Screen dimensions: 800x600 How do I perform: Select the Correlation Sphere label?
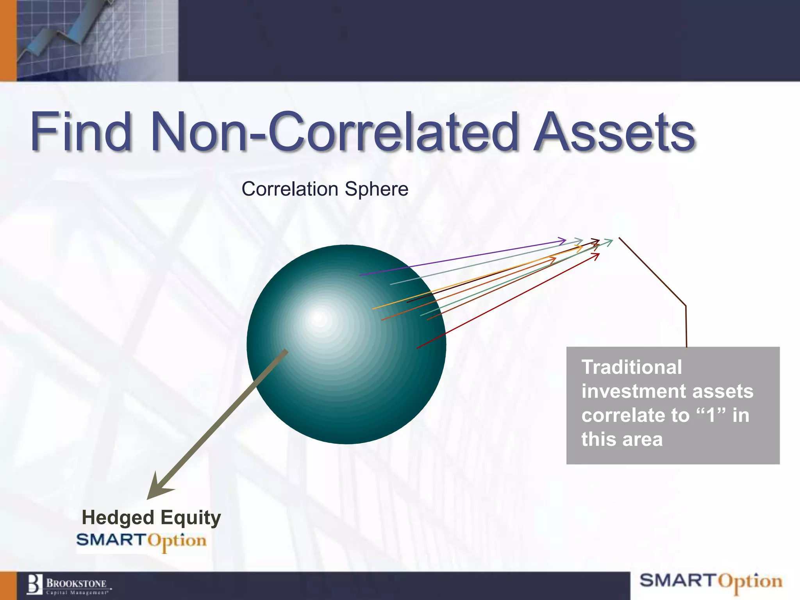[325, 189]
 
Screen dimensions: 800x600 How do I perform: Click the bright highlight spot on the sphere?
[318, 318]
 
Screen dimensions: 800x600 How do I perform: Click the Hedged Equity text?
[151, 518]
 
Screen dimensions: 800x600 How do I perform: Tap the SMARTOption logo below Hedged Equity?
[141, 541]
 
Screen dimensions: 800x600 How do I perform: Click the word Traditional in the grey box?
[631, 367]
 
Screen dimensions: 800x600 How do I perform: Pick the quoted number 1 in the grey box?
[711, 415]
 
